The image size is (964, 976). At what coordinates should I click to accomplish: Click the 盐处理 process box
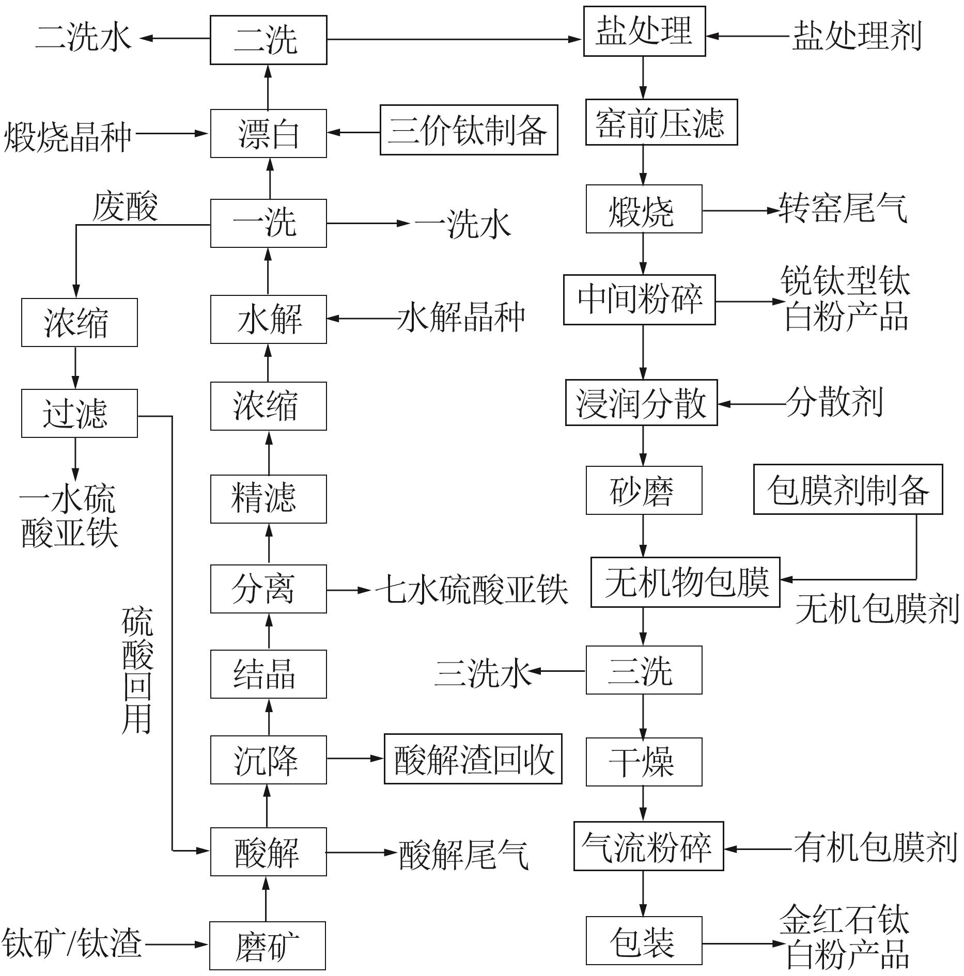click(x=644, y=31)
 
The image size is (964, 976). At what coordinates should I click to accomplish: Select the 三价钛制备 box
click(x=469, y=130)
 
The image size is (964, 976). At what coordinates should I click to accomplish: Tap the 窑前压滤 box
click(x=661, y=122)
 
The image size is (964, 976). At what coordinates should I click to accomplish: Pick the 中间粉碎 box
click(x=639, y=300)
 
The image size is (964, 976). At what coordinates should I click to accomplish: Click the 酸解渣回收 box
click(x=473, y=759)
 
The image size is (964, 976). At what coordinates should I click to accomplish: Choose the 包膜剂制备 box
click(x=848, y=489)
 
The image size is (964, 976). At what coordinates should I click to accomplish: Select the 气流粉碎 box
click(x=648, y=846)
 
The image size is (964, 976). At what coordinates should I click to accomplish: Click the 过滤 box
click(x=80, y=413)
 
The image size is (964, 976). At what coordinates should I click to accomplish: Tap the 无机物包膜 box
click(x=685, y=582)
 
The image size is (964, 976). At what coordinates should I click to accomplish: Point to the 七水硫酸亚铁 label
click(x=472, y=589)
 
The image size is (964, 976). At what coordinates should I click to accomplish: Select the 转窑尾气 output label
click(x=843, y=209)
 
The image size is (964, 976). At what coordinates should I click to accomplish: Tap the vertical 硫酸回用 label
click(x=137, y=671)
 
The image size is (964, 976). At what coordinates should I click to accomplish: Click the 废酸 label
click(x=125, y=207)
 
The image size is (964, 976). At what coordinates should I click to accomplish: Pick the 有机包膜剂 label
click(x=875, y=847)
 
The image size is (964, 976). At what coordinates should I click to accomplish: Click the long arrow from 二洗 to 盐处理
click(x=455, y=39)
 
